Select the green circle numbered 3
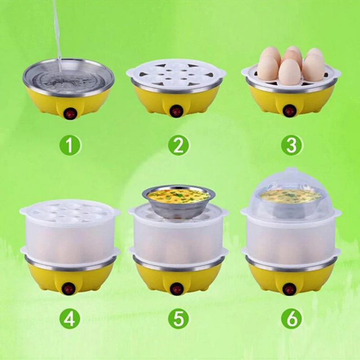pos(290,145)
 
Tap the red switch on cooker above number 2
pos(176,111)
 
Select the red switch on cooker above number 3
pos(289,110)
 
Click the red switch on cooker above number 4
pos(69,288)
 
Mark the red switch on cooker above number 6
pos(289,288)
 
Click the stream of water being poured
pos(57,31)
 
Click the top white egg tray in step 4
pos(70,211)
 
